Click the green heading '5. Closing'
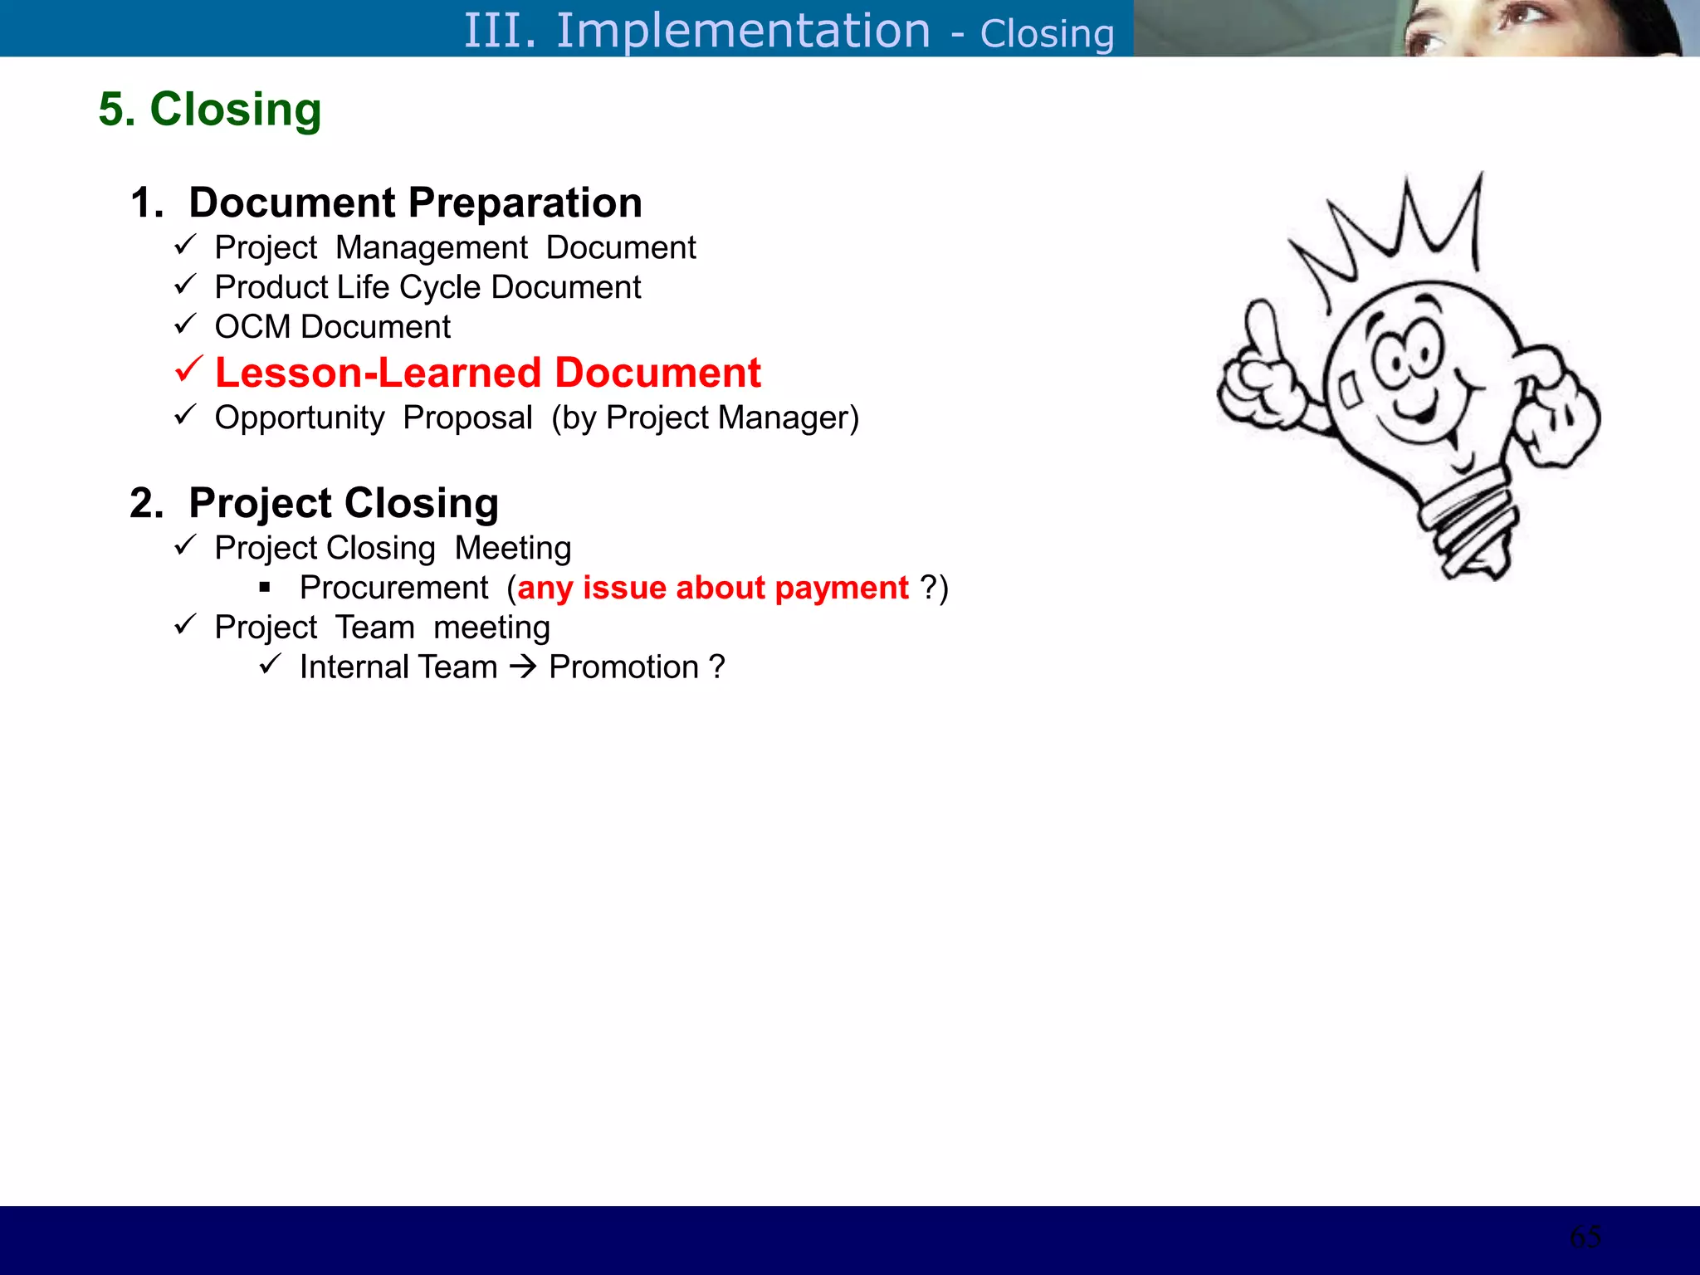pos(209,110)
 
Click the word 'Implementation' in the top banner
pos(743,31)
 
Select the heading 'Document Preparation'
pos(415,203)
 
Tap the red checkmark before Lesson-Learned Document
pos(189,369)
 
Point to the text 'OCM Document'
pos(332,327)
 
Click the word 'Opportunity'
pos(299,418)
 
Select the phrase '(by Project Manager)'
pos(705,418)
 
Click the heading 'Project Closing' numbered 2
pos(344,503)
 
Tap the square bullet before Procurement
pos(265,588)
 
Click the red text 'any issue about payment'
pos(712,588)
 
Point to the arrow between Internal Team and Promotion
pos(523,667)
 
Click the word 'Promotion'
pos(623,667)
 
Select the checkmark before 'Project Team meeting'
pos(185,625)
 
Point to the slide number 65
pos(1585,1237)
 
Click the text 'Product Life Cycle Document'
pos(427,287)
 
